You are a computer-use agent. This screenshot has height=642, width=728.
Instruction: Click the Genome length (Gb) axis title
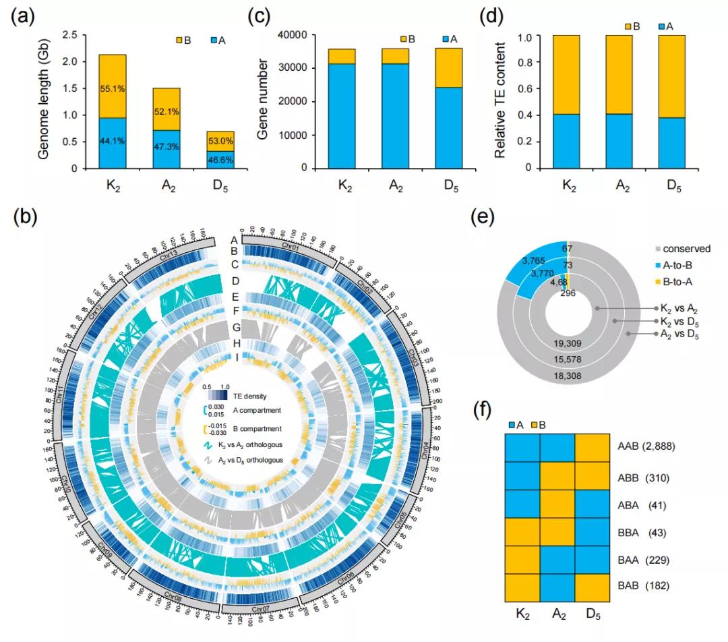tap(45, 101)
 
